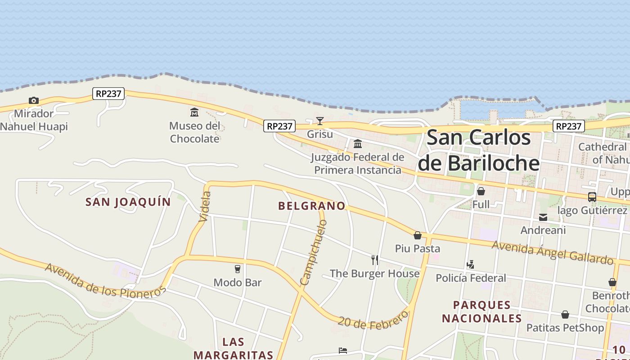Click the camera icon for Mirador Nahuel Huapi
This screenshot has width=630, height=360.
pos(33,100)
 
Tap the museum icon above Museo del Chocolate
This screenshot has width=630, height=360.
pos(194,112)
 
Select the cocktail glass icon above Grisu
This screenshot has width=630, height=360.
pos(320,121)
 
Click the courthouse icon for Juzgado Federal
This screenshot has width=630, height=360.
pos(358,144)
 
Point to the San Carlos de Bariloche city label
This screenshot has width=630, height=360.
pos(479,150)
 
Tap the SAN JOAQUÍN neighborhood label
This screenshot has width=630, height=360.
pos(128,202)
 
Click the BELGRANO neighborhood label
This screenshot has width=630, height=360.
pos(312,206)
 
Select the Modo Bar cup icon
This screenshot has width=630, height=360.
pos(238,269)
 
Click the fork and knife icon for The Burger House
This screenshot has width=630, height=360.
pos(374,260)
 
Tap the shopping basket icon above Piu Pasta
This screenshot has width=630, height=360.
pos(418,235)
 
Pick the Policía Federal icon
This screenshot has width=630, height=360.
pos(471,264)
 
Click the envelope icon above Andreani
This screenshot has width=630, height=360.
pos(543,217)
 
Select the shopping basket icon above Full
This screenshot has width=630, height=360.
pos(481,191)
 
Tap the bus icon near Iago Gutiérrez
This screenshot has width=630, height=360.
pos(592,197)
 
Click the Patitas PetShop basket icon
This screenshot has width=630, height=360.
pos(565,315)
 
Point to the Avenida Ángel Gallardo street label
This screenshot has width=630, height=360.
pos(552,252)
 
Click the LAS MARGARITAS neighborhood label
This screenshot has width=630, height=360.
pos(233,348)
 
